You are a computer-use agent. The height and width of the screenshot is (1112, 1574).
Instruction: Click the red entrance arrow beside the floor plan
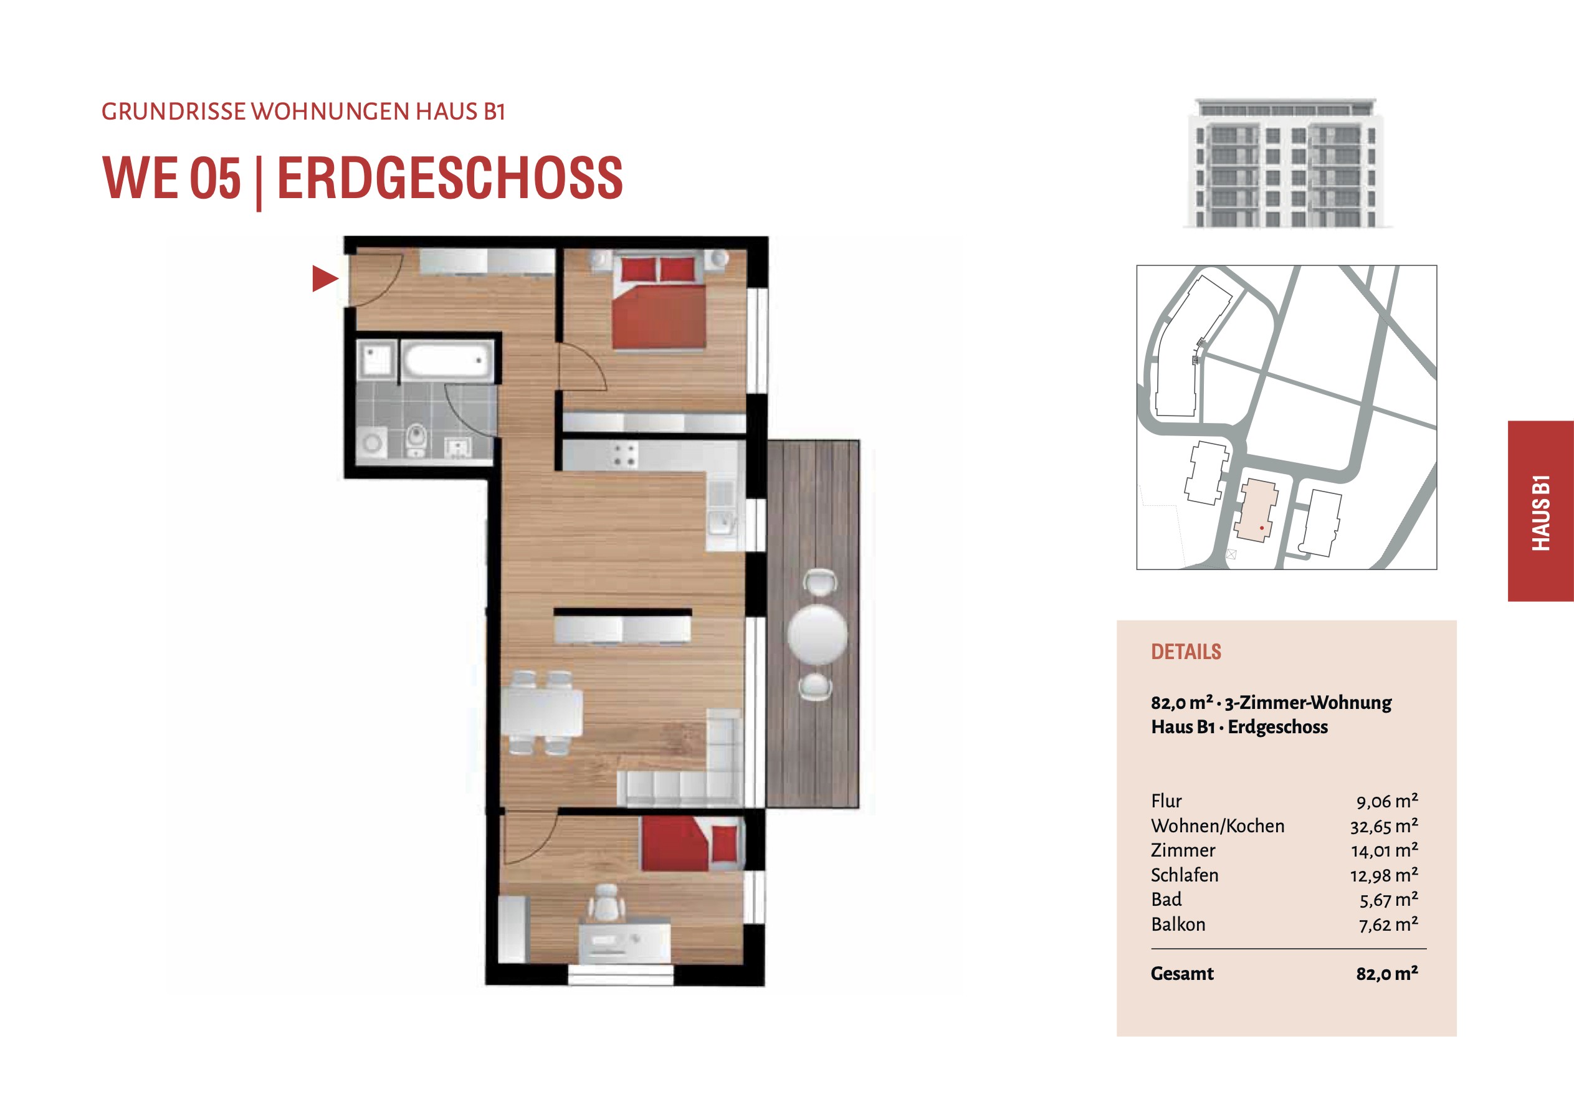[x=325, y=278]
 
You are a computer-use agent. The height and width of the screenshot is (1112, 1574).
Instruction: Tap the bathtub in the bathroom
[x=447, y=360]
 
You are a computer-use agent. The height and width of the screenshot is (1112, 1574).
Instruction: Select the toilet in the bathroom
[x=416, y=439]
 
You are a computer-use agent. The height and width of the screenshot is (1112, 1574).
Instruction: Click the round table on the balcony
[x=817, y=634]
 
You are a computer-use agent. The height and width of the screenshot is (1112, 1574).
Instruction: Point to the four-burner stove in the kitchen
[x=624, y=455]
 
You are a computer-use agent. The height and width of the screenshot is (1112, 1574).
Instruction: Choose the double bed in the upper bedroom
[x=659, y=300]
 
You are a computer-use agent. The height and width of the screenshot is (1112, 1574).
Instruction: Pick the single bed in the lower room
[x=692, y=843]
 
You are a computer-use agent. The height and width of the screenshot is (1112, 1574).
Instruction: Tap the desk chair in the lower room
[x=606, y=903]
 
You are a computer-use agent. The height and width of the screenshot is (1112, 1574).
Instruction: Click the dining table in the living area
[x=542, y=713]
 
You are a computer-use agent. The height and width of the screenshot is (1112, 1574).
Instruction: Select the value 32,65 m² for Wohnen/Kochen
[x=1384, y=825]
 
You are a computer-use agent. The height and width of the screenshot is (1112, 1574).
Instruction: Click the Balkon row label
[x=1178, y=924]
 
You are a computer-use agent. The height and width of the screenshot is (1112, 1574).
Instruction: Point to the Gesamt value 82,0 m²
[x=1387, y=974]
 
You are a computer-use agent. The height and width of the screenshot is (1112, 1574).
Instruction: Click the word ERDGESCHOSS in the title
[x=450, y=178]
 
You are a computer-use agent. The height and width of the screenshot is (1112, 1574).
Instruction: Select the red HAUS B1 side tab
[x=1540, y=511]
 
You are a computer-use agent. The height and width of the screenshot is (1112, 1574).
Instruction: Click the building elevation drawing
[x=1287, y=163]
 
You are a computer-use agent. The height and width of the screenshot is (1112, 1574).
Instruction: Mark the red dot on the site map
[x=1262, y=528]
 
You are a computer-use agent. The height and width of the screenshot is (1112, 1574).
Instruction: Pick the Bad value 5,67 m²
[x=1389, y=900]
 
